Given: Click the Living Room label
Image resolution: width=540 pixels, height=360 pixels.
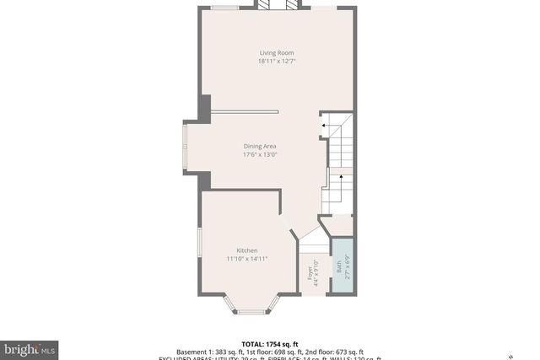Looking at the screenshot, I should [270, 53].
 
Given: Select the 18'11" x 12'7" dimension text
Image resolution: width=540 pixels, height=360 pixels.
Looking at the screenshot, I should [270, 62].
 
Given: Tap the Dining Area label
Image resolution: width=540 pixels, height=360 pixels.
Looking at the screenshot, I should [260, 146].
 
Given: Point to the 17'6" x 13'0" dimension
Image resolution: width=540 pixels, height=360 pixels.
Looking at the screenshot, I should [260, 154].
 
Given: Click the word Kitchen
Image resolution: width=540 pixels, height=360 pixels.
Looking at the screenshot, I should [247, 250].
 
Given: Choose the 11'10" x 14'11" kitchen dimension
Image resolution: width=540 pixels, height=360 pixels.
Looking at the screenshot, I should [247, 259].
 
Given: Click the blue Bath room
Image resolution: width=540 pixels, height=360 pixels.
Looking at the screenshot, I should [341, 266].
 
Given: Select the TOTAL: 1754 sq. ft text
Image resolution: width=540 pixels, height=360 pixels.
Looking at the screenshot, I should [270, 344].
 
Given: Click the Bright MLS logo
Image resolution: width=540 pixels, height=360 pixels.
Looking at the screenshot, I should [30, 348].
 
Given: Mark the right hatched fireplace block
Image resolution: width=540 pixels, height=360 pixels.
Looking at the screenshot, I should [292, 4].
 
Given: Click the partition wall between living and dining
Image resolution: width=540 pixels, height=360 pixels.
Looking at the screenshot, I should [245, 111].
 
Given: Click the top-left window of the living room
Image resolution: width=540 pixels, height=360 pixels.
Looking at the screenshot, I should [224, 8].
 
